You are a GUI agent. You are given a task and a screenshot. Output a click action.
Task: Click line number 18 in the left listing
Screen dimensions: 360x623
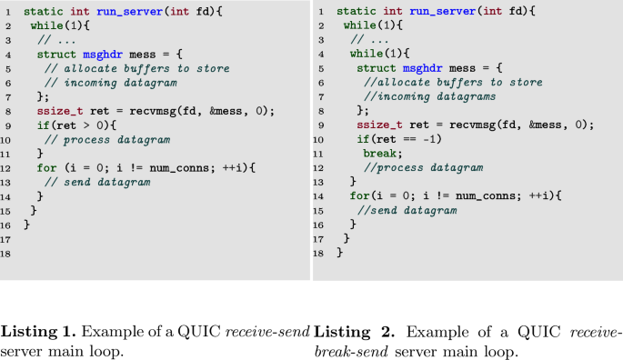coord(7,254)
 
